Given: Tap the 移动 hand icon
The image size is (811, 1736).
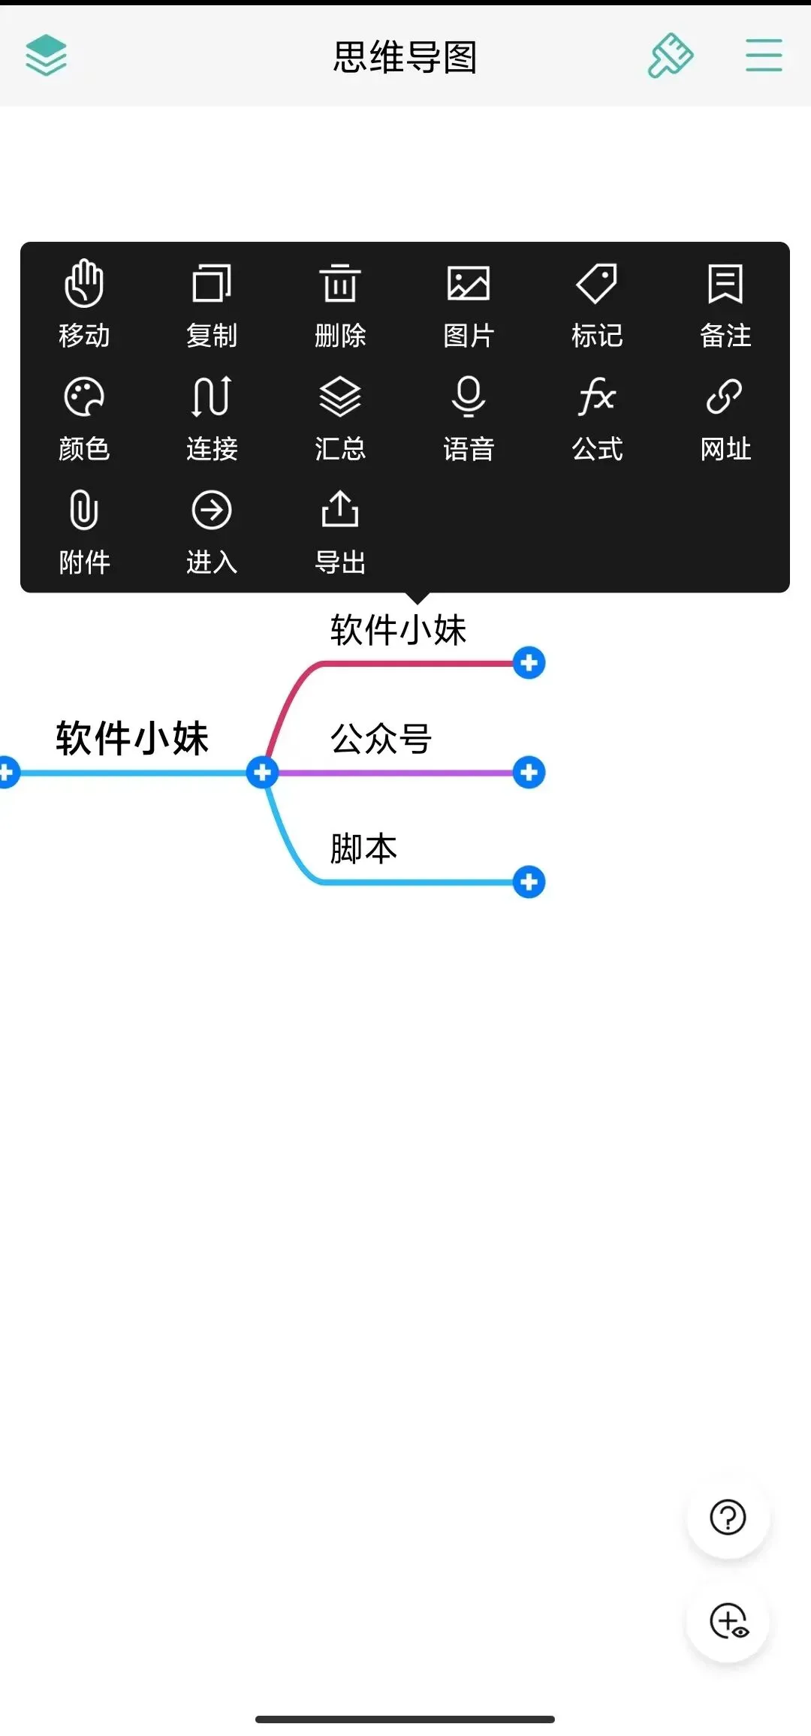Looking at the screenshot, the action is point(84,284).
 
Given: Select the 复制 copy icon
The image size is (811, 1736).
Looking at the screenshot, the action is point(212,284).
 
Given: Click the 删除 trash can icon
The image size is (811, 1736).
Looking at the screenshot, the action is point(340,284).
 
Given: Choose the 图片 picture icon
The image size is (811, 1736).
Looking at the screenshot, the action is point(469,284).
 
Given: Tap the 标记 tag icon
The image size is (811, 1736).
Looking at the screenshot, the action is point(597,284).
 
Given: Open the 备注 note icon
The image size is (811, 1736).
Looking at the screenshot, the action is point(725,284).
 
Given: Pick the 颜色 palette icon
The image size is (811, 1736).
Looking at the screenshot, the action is point(84,396).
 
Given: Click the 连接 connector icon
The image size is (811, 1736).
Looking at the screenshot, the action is point(212,396).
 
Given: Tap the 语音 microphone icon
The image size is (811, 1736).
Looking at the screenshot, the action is point(469,396).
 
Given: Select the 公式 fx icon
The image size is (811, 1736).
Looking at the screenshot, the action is point(597,396).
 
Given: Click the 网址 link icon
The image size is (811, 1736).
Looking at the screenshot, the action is point(725,396).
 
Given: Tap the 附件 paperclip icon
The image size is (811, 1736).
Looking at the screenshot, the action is point(84,510).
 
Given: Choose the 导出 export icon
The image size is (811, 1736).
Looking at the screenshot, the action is point(340,510).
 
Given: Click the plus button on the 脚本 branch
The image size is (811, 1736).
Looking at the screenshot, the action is point(529,882).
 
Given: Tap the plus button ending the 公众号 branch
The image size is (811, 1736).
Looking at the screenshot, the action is point(529,772).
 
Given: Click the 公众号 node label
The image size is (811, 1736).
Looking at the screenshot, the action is point(381,739).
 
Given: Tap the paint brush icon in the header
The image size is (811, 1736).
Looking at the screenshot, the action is point(671,56).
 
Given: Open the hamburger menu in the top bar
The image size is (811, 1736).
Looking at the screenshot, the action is point(764,56).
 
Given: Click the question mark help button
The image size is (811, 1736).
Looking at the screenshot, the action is point(728,1517).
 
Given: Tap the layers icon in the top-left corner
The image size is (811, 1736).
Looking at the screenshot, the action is point(47,56).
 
